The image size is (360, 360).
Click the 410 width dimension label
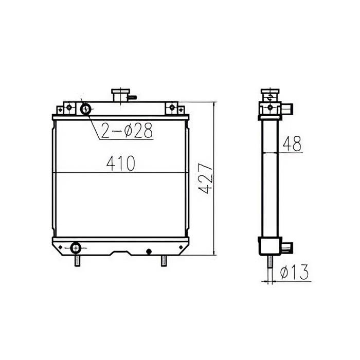pyautogui.click(x=120, y=164)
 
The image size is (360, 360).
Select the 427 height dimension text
pyautogui.click(x=205, y=178)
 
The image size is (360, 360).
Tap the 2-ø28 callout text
pyautogui.click(x=127, y=132)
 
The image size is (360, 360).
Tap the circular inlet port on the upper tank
pyautogui.click(x=86, y=109)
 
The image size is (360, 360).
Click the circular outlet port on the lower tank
pyautogui.click(x=76, y=247)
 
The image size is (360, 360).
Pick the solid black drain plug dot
pyautogui.click(x=149, y=251)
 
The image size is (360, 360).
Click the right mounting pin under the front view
pyautogui.click(x=164, y=261)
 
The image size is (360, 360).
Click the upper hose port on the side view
pyautogui.click(x=288, y=109)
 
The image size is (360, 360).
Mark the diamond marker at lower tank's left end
pyautogui.click(x=60, y=248)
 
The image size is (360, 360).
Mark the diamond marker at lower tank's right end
pyautogui.click(x=179, y=247)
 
